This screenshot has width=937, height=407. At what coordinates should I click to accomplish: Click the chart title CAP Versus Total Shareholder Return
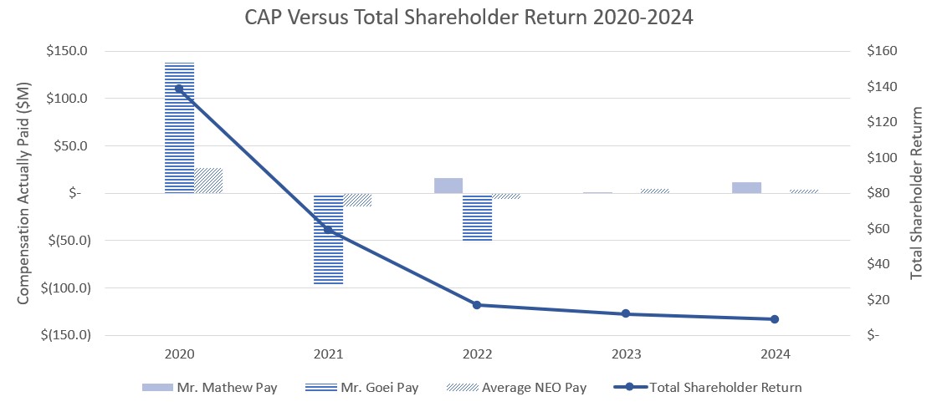click(x=468, y=18)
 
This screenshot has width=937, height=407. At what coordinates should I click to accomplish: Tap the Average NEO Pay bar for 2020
click(x=208, y=181)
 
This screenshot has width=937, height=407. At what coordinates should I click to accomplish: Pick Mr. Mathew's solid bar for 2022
click(x=448, y=186)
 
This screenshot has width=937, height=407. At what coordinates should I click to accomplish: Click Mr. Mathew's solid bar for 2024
click(x=746, y=188)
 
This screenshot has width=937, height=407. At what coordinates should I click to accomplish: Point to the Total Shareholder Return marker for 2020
click(x=179, y=89)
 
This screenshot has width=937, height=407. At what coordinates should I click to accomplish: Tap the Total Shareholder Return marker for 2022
click(x=477, y=305)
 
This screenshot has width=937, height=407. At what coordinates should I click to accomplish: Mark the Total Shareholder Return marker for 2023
click(x=626, y=313)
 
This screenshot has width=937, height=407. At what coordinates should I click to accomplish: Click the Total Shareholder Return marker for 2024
click(x=775, y=319)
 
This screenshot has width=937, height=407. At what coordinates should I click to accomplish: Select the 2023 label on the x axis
click(x=626, y=354)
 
